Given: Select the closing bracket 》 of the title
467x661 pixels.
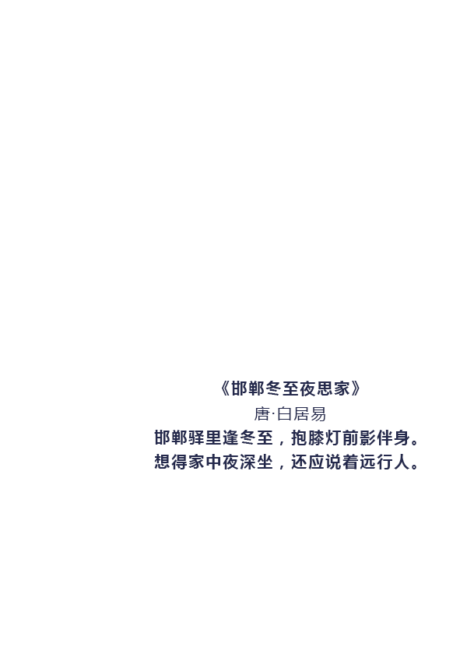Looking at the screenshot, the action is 356,389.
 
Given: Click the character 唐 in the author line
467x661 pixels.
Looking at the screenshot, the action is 262,414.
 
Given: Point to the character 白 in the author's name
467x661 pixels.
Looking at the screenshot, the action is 284,414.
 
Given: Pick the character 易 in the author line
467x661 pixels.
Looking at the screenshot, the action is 318,414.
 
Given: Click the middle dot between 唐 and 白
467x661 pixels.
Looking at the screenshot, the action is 273,414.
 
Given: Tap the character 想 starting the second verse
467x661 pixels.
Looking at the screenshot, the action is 162,462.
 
